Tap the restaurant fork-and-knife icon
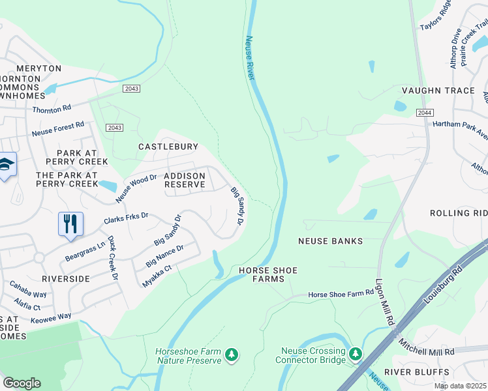(x=70, y=224)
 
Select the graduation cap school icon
(x=6, y=165)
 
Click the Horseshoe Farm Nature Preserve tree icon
(x=231, y=355)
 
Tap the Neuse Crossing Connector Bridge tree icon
(x=355, y=354)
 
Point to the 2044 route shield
(x=425, y=113)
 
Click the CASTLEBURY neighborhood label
(x=168, y=147)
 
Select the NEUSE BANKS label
(x=330, y=241)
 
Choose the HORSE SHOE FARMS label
(x=262, y=274)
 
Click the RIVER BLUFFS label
(x=416, y=371)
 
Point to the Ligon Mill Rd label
(x=384, y=303)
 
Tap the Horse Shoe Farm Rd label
(x=341, y=295)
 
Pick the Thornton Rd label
(x=52, y=109)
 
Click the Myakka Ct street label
(x=157, y=276)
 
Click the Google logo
(x=22, y=383)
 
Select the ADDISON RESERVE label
(x=185, y=181)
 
